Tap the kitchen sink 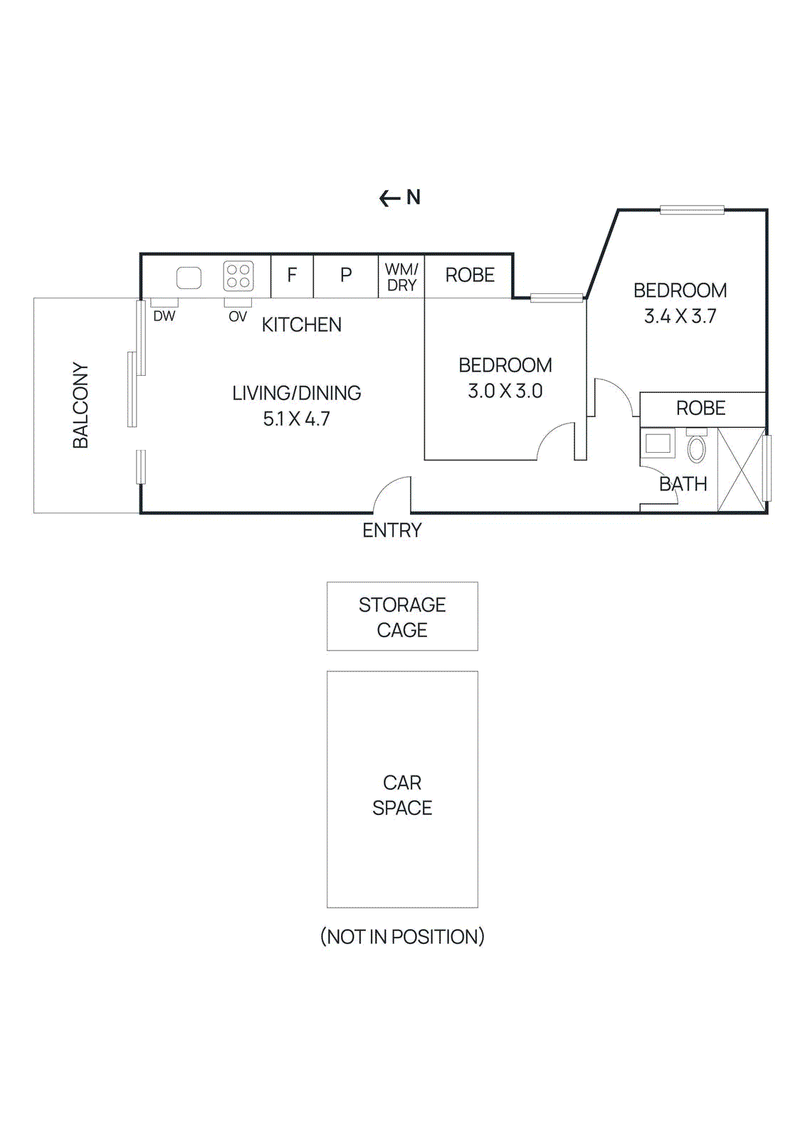189,278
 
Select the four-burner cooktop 238,276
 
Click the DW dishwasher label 164,316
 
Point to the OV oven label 238,317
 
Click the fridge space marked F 292,275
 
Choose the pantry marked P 346,275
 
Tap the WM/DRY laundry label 401,277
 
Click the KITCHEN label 302,325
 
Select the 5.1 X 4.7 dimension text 297,419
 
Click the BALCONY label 80,405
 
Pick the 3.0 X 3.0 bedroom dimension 505,391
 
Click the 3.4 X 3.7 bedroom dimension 680,316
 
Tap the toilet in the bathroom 696,447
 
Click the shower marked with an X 741,469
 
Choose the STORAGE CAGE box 402,616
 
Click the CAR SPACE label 402,795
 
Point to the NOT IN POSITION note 402,936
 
